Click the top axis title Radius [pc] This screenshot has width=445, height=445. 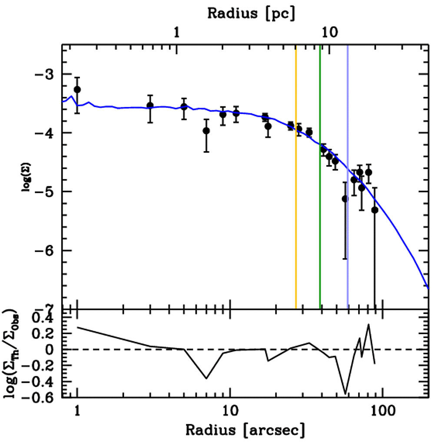[251, 13]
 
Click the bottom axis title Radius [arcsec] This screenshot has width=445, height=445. [245, 430]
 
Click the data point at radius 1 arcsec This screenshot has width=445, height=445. [77, 90]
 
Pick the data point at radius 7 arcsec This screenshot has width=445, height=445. [206, 131]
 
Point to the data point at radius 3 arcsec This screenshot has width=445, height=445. [150, 106]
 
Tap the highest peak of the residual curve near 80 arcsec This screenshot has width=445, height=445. [369, 324]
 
